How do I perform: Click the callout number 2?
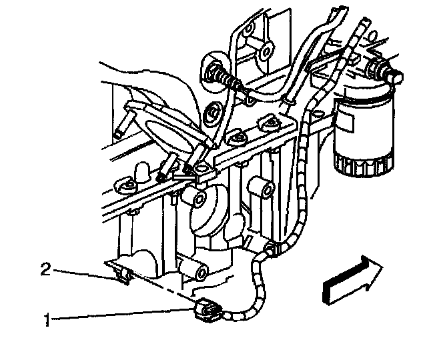pyautogui.click(x=46, y=269)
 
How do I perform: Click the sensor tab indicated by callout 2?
pyautogui.click(x=121, y=273)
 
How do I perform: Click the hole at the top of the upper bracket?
pyautogui.click(x=266, y=51)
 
